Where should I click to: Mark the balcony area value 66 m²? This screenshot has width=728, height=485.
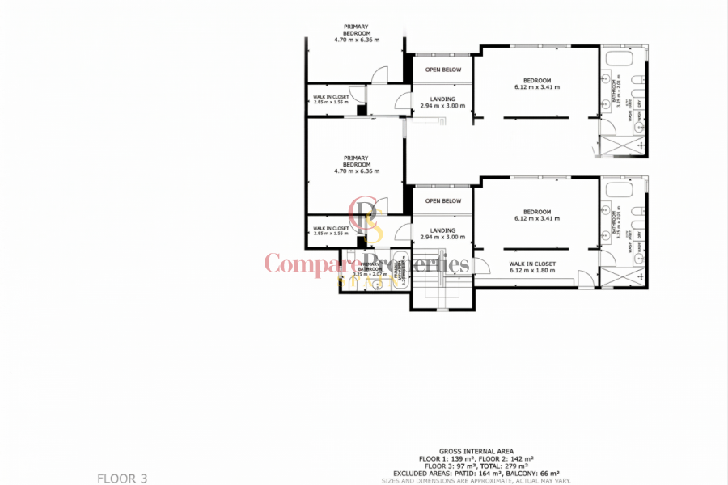(x=550, y=473)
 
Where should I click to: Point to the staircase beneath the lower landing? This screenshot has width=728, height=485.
(x=442, y=291)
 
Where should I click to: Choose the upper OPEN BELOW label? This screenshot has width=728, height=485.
(x=443, y=70)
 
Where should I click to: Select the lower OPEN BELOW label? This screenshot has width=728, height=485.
(x=443, y=200)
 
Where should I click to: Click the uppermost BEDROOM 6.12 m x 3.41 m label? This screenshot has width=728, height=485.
(x=536, y=83)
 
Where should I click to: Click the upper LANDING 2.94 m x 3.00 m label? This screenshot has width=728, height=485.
(x=443, y=103)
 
